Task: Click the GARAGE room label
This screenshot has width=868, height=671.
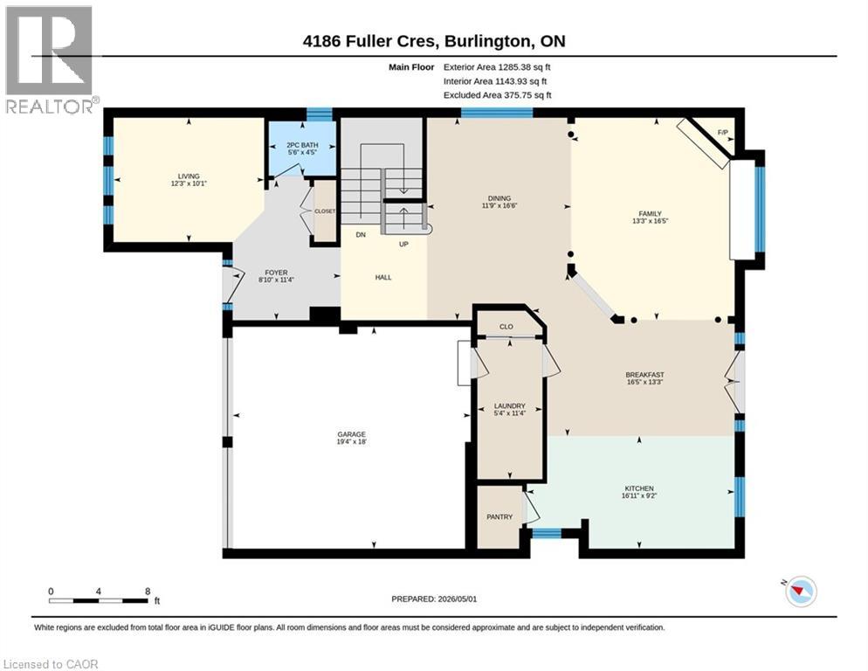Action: pyautogui.click(x=352, y=434)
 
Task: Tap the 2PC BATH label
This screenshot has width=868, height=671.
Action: pyautogui.click(x=302, y=145)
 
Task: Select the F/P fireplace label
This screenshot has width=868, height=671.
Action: pyautogui.click(x=722, y=133)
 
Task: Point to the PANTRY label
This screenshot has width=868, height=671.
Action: pyautogui.click(x=499, y=517)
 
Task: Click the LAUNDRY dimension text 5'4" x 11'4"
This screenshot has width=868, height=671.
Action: pyautogui.click(x=510, y=413)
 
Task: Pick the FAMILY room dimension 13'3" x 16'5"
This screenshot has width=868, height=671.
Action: pyautogui.click(x=651, y=221)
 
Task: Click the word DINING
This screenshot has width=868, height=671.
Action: pyautogui.click(x=499, y=198)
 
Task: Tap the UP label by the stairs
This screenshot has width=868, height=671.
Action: pyautogui.click(x=403, y=245)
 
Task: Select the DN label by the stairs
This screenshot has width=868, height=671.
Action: pyautogui.click(x=361, y=235)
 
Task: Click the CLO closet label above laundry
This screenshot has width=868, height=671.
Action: pyautogui.click(x=506, y=327)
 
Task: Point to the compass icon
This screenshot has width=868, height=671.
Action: pyautogui.click(x=801, y=591)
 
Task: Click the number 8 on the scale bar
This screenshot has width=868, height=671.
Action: pyautogui.click(x=148, y=591)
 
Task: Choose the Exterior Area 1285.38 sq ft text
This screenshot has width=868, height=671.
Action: pyautogui.click(x=497, y=67)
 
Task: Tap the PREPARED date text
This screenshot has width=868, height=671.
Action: pyautogui.click(x=434, y=599)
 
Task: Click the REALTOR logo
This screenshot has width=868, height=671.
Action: pyautogui.click(x=51, y=59)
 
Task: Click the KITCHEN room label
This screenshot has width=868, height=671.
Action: pyautogui.click(x=639, y=488)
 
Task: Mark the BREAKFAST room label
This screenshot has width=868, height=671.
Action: pyautogui.click(x=645, y=375)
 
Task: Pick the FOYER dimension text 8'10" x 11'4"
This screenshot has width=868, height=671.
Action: pyautogui.click(x=276, y=280)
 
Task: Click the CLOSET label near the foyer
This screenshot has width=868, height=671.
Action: pyautogui.click(x=325, y=211)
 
